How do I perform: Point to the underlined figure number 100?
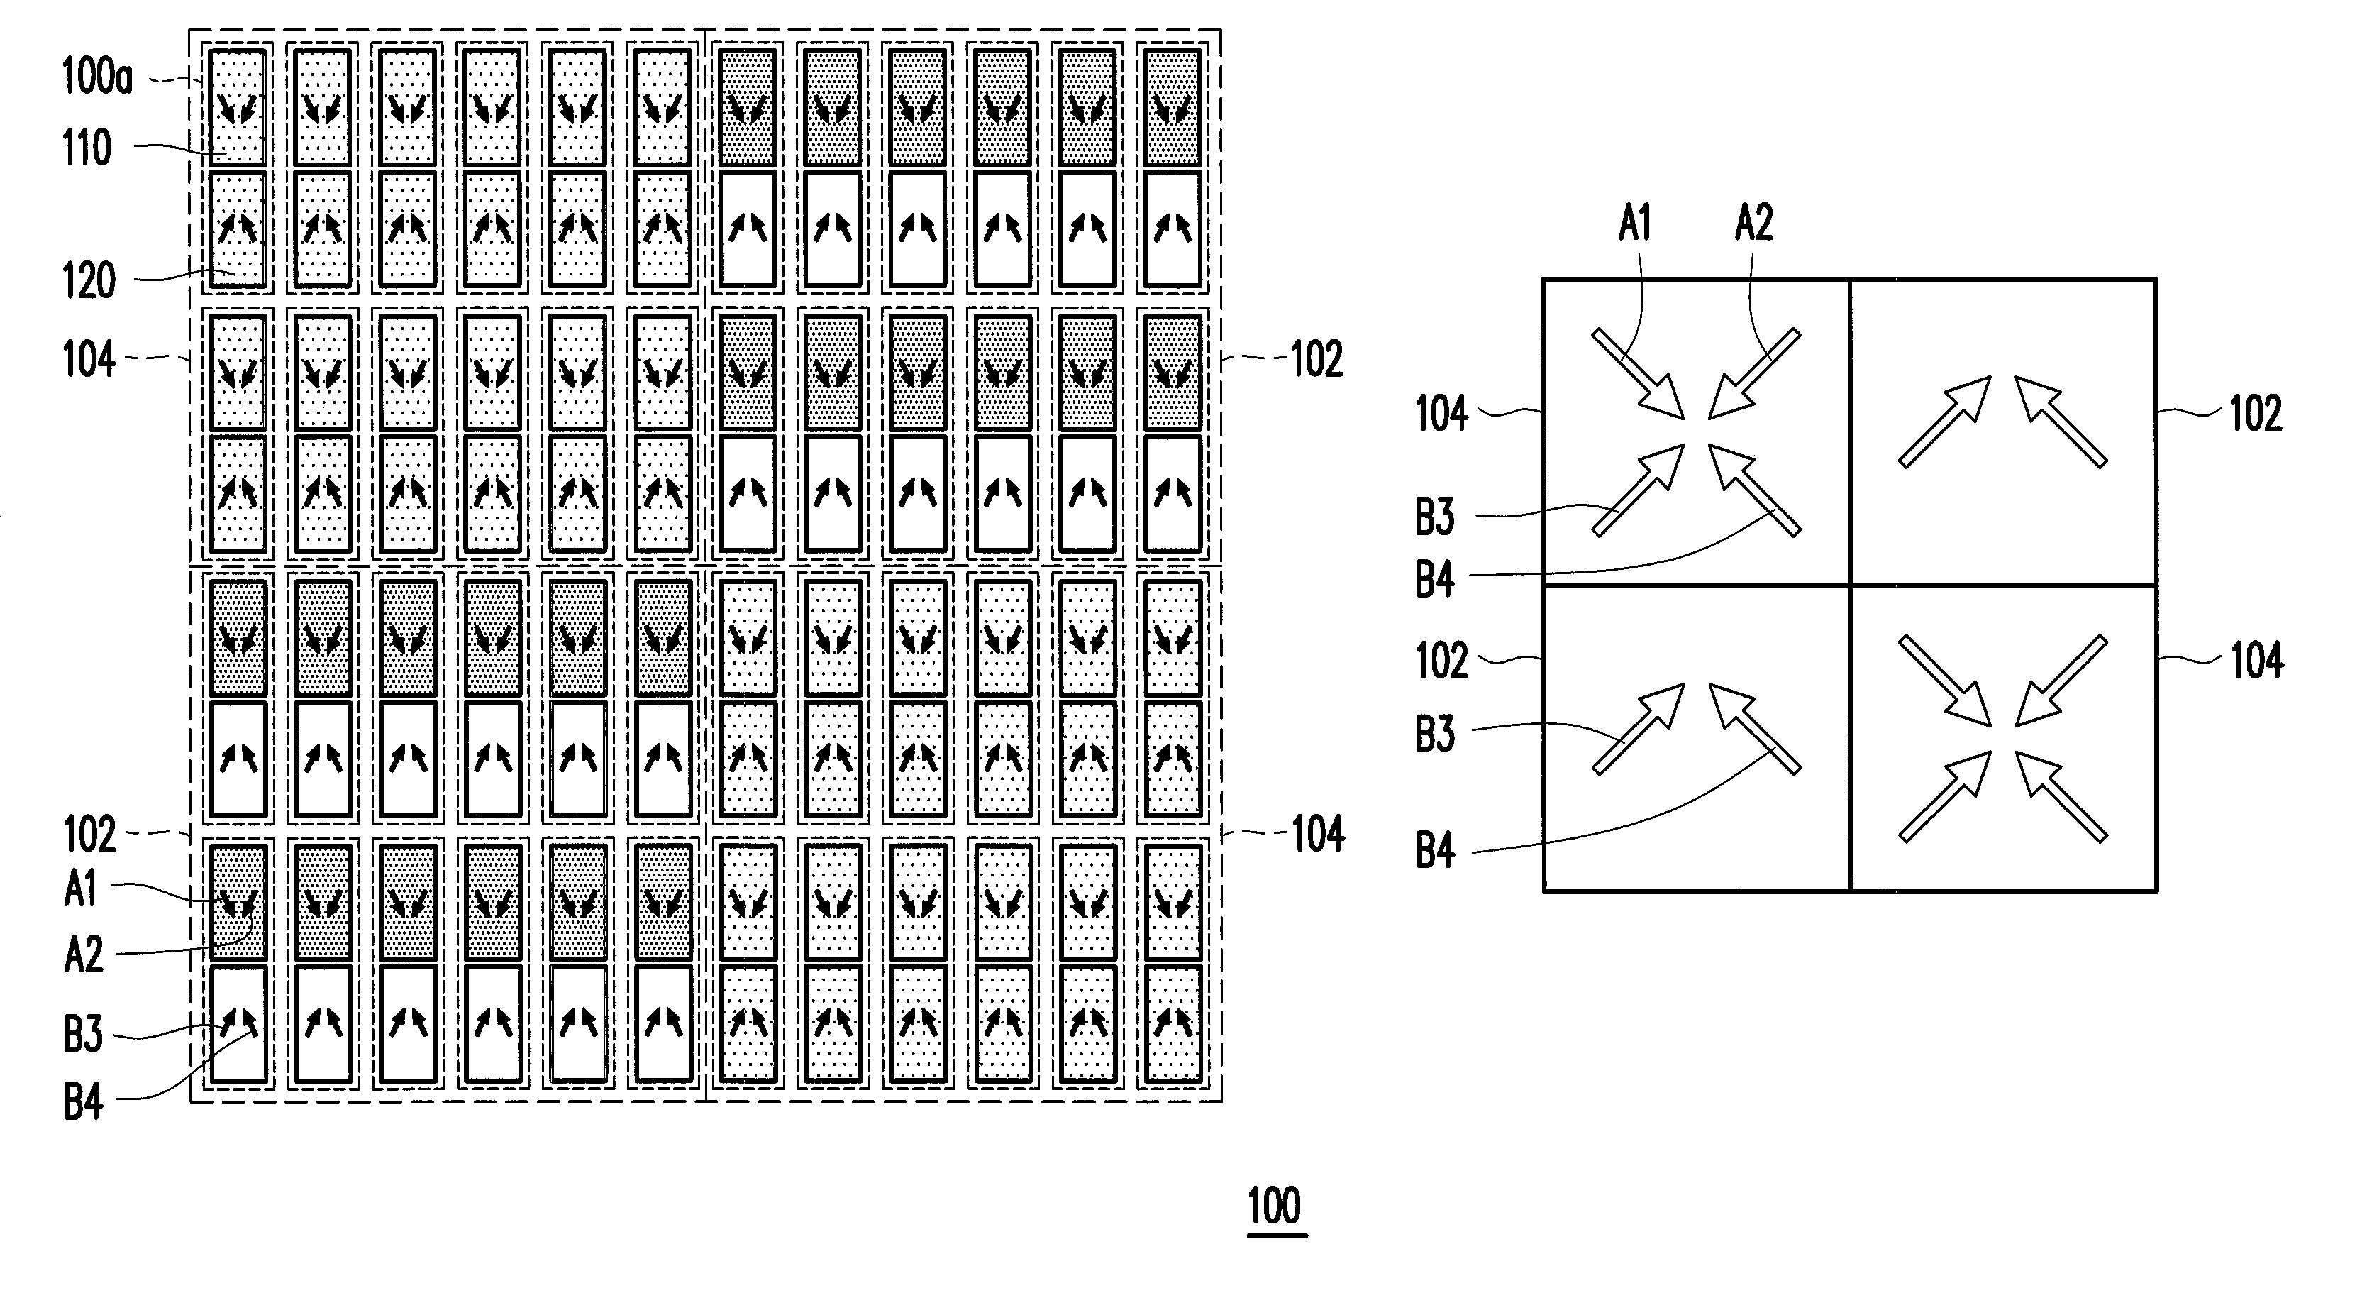pos(1276,1205)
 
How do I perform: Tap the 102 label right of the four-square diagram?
pos(2256,414)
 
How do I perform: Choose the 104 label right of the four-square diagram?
pos(2257,660)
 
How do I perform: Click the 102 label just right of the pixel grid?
pos(1316,358)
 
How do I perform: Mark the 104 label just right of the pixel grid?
pos(1318,834)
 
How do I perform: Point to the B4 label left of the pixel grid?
pos(83,1101)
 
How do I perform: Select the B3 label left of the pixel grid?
pos(83,1034)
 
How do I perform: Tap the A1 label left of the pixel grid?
pos(81,889)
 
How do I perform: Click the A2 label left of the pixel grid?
pos(84,955)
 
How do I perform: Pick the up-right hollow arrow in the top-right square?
pos(1944,421)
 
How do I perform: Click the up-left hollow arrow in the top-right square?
pos(2061,421)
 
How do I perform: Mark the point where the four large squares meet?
pos(1850,585)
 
